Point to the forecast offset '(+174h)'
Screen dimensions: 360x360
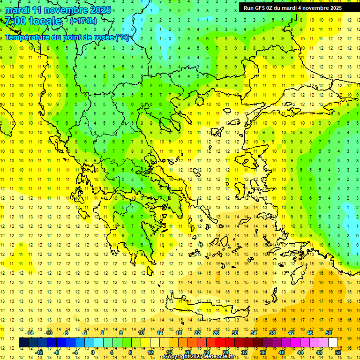click(83, 21)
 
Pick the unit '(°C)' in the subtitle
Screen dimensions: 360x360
click(122, 37)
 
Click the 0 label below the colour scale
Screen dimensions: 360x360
click(93, 352)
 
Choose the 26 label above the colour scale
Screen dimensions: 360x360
click(216, 333)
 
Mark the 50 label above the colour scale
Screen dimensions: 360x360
click(328, 333)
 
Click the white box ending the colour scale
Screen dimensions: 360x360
click(333, 342)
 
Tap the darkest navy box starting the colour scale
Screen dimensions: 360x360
click(23, 342)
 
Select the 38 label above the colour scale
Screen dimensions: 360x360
click(272, 333)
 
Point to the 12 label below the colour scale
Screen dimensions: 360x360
click(150, 352)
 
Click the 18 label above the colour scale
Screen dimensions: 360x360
click(179, 333)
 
